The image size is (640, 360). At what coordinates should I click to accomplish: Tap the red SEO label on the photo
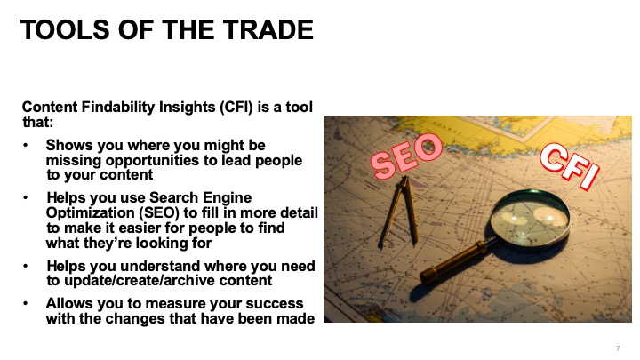pos(406,156)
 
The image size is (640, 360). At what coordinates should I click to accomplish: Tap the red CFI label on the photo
pos(570,165)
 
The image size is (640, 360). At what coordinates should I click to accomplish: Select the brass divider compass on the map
pos(399,212)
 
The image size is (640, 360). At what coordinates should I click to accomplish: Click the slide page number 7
pos(618,348)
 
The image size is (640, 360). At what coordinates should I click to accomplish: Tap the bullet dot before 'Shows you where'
pos(26,145)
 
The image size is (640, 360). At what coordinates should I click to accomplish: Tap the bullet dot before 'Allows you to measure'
pos(26,304)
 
